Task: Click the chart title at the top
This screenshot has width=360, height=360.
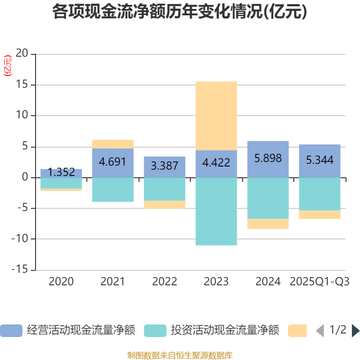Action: point(180,12)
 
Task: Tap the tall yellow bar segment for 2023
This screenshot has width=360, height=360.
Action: point(216,116)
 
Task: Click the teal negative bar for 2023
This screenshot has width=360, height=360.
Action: point(216,211)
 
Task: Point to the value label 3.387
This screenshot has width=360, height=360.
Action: point(164,166)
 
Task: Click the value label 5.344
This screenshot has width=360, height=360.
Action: point(319,160)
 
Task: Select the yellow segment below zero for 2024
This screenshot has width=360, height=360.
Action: point(268,224)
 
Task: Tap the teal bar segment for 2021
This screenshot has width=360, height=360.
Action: point(112,189)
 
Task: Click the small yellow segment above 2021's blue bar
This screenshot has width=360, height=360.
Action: point(112,144)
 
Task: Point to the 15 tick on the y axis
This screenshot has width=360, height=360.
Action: point(22,85)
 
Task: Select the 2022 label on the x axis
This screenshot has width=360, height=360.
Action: point(164,282)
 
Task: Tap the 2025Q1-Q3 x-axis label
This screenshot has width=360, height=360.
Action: point(319,282)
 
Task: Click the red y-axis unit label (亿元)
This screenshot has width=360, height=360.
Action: point(8,66)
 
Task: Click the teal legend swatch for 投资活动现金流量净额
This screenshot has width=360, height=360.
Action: point(155,331)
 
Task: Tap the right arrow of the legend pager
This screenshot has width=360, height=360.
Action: point(355,331)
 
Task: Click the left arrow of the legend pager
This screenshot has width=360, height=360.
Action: point(319,331)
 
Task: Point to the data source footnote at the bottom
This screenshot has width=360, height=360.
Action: point(180,355)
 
